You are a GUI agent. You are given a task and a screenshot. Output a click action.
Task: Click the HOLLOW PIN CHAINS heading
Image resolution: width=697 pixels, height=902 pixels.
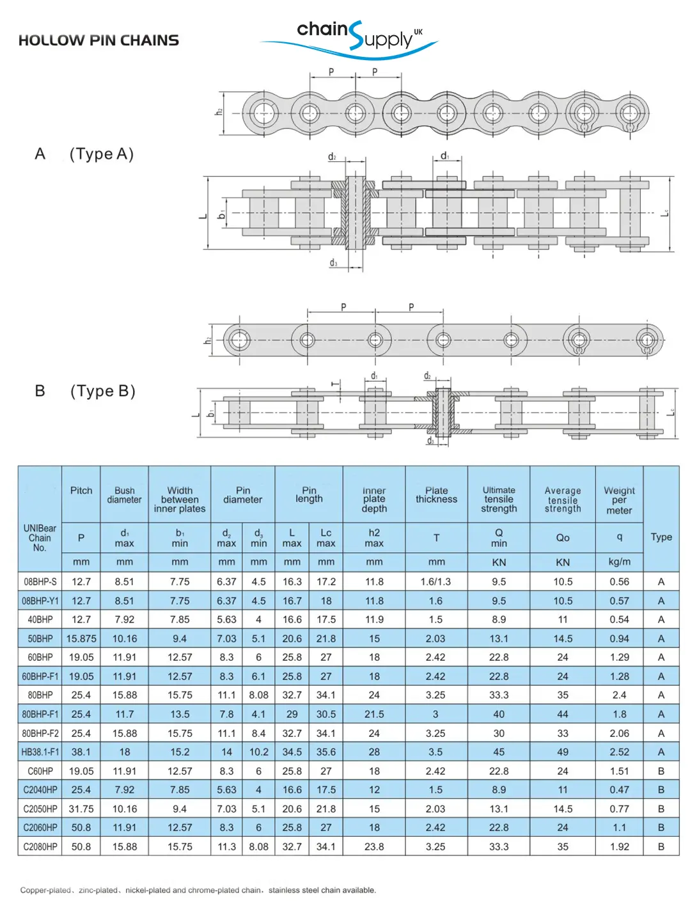coord(98,40)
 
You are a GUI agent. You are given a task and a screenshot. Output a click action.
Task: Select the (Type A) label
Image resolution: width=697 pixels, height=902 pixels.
coord(101,154)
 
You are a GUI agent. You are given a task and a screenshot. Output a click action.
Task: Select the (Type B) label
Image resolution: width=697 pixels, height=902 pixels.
coord(102,391)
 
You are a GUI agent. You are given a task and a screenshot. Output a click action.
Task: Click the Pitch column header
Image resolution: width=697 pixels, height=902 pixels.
coord(81,491)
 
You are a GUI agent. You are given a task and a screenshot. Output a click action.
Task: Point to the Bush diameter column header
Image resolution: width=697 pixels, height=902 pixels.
coord(124,495)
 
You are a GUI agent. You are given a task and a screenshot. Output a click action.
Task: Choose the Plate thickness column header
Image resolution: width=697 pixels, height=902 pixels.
coord(436,495)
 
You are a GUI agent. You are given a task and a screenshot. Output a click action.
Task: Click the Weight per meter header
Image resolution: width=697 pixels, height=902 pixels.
coord(618,500)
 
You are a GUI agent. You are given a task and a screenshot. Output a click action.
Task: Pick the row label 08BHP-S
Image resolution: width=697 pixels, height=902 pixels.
coord(40,582)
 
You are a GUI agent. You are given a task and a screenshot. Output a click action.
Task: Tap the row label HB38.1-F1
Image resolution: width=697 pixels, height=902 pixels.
coord(40,752)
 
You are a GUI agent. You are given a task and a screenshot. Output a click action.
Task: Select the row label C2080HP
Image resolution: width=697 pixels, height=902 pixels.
coord(40,847)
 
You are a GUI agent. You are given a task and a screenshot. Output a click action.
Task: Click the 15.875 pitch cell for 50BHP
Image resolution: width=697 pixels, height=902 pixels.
coord(81,638)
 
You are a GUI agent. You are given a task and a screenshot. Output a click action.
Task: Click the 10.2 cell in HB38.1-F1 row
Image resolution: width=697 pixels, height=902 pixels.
coord(258,752)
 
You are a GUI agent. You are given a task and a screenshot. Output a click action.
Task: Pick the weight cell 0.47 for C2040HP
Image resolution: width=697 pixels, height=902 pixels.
coord(618,790)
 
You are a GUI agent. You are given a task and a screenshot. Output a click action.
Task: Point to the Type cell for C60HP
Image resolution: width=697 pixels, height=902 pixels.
coord(661,771)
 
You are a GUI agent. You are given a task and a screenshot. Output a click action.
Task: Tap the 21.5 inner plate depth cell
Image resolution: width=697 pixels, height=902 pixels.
coord(374,715)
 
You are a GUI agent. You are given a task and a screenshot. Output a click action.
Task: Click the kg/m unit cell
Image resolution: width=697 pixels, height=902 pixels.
coord(618,562)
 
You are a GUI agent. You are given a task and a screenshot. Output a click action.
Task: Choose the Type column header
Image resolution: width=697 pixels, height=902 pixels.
coord(661,537)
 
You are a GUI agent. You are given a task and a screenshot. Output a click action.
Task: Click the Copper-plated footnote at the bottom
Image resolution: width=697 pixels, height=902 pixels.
coord(198,890)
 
